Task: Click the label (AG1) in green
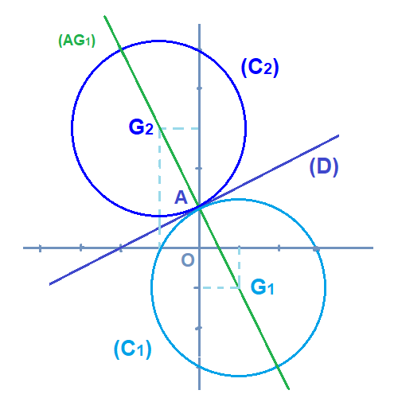(x=76, y=41)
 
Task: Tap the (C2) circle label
(x=259, y=68)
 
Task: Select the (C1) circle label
(x=132, y=349)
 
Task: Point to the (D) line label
(x=324, y=167)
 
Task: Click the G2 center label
(x=141, y=127)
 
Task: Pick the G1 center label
(x=262, y=287)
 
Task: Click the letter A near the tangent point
(x=181, y=197)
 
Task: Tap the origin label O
(x=188, y=260)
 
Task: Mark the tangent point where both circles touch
(x=199, y=207)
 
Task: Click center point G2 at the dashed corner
(x=159, y=128)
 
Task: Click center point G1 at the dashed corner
(x=239, y=287)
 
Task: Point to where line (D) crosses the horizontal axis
(x=121, y=248)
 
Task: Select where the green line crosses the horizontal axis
(x=220, y=248)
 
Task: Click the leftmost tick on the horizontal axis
(x=40, y=248)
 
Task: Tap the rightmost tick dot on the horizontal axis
(x=316, y=249)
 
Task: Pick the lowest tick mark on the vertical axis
(x=198, y=368)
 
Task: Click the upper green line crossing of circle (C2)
(x=121, y=49)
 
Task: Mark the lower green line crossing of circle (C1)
(x=278, y=366)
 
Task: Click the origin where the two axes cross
(x=199, y=248)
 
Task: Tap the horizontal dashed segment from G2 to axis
(x=179, y=128)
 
